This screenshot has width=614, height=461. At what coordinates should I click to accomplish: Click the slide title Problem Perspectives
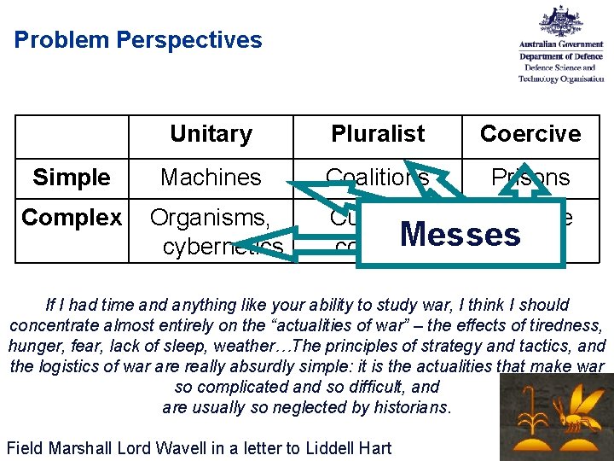pos(138,40)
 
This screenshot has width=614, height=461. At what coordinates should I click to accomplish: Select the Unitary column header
pos(211,134)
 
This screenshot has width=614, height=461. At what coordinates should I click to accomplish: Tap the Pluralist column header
pos(377,134)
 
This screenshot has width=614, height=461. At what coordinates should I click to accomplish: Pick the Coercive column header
pos(530,134)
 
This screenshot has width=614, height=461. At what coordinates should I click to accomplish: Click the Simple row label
pos(72,178)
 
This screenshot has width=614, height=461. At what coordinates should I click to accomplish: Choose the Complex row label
pos(72,219)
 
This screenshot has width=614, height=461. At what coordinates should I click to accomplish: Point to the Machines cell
pos(211,178)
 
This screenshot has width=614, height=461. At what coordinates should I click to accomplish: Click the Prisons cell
pos(530,178)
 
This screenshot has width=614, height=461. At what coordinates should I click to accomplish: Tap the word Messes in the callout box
pos(460,234)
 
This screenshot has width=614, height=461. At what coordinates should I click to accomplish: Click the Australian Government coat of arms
pos(561,23)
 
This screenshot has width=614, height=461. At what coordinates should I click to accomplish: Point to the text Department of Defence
pos(561,57)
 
